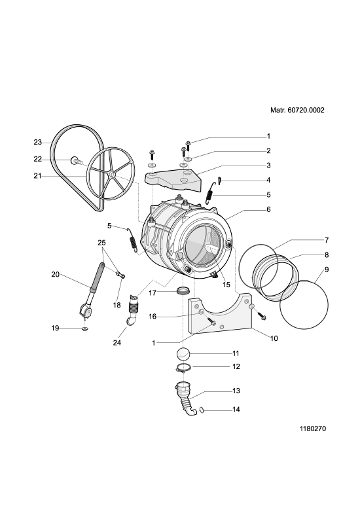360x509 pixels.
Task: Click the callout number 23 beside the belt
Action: click(x=38, y=142)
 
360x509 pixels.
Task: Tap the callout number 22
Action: click(x=38, y=159)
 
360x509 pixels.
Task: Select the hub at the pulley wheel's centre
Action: click(x=112, y=175)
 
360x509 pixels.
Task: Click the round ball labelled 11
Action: click(x=184, y=353)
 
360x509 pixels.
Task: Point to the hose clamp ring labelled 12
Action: click(x=183, y=368)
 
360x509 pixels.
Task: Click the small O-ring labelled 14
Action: click(x=202, y=410)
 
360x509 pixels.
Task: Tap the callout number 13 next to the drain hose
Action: click(x=236, y=391)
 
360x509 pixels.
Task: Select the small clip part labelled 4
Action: click(x=220, y=179)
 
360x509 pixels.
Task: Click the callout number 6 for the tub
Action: click(x=268, y=209)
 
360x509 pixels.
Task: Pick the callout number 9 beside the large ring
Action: click(x=327, y=270)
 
